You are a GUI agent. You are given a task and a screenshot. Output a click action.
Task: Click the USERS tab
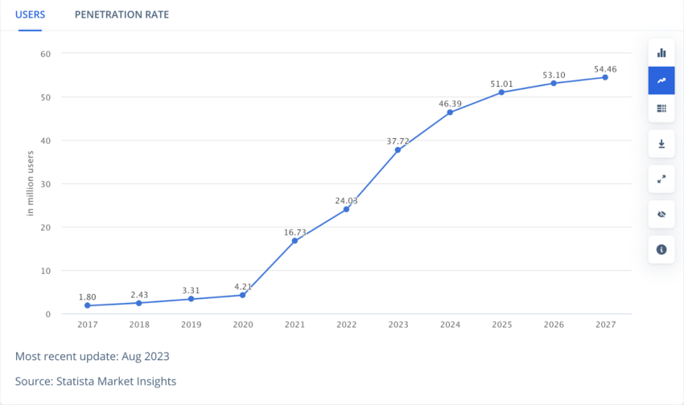[x=30, y=15]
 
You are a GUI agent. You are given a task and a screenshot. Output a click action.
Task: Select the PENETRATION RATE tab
[x=122, y=15]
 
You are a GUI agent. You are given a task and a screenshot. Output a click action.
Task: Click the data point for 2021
[x=295, y=241]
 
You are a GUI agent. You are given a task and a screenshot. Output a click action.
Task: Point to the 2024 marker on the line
[x=450, y=112]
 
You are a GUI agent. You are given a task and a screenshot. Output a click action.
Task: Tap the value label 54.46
[x=605, y=69]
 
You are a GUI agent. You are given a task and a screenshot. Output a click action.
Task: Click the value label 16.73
[x=295, y=232]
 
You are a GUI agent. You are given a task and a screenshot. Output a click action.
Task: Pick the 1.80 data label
[x=87, y=297]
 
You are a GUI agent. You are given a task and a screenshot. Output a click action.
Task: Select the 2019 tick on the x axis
[x=191, y=325]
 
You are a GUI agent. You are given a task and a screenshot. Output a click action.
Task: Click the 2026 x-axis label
[x=554, y=325]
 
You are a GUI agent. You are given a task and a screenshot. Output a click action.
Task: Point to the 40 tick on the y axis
[x=46, y=141]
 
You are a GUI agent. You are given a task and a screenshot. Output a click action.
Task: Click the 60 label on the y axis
[x=46, y=54]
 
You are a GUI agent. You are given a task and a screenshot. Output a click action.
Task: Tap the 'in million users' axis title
[x=31, y=182]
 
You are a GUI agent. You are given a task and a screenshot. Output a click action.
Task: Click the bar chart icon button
[x=661, y=52]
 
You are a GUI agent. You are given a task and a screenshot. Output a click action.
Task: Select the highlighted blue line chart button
[x=661, y=80]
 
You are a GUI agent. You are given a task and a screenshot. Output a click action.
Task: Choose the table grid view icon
[x=661, y=108]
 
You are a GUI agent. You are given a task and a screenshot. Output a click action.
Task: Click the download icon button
[x=661, y=144]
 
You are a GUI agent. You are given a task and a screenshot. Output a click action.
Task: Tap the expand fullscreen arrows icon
[x=661, y=179]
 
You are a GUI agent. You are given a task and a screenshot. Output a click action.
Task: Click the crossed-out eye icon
[x=661, y=215]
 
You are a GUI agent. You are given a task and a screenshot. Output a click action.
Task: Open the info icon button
[x=661, y=250]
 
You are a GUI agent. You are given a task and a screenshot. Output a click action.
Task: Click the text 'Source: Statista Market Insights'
[x=96, y=381]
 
